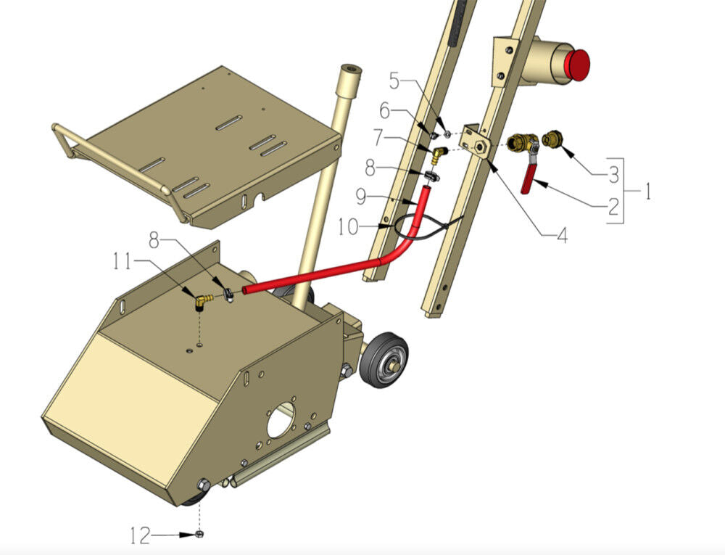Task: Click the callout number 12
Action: coord(141,535)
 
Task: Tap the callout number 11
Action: coord(123,262)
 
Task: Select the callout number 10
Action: coord(348,226)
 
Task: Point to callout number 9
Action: coord(361,197)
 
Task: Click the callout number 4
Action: coord(562,236)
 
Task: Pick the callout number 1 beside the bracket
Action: coord(647,191)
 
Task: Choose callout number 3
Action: coord(613,175)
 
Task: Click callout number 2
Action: coord(613,206)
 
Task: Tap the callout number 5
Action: coord(394,81)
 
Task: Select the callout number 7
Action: coord(378,137)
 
